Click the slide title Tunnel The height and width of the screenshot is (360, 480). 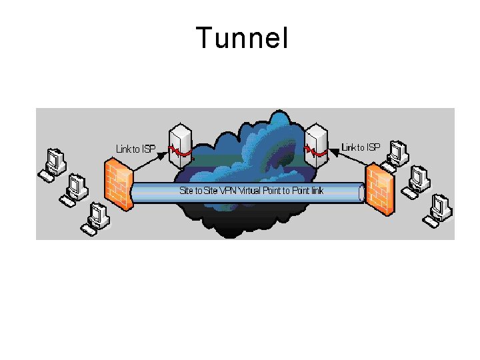click(242, 39)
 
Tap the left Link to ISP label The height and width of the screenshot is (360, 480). click(137, 149)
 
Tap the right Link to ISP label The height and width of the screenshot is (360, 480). click(361, 147)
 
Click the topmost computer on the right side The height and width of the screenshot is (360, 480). click(399, 153)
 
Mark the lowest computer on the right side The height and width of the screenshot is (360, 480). click(441, 205)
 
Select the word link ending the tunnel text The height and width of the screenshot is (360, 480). click(315, 191)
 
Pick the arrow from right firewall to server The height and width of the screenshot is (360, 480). click(349, 159)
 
